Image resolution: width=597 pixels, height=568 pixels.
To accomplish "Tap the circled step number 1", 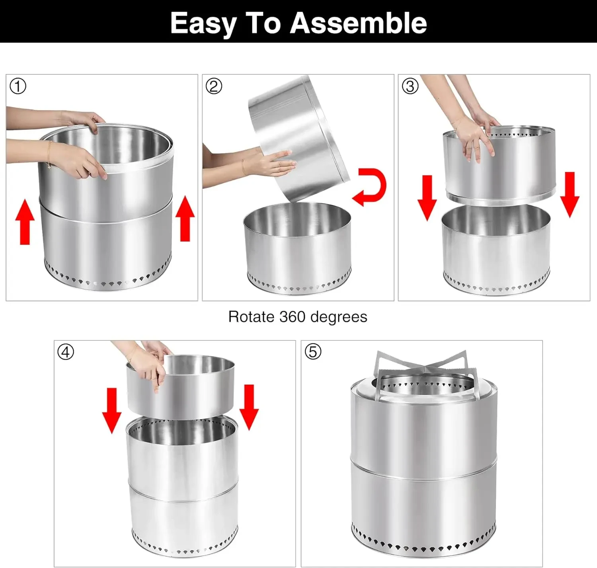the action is pos(18,86).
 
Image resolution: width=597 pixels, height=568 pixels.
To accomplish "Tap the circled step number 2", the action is pos(214,86).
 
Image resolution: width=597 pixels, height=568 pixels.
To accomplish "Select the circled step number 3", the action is pos(410,86).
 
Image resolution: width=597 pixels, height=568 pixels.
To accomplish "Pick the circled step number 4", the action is pos(66,352).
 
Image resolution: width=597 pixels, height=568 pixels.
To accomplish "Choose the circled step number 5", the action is pos(313,352).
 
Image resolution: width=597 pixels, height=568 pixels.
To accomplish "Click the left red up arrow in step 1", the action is pos(25,221).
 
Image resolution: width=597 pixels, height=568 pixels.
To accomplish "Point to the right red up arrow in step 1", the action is pos(185,219).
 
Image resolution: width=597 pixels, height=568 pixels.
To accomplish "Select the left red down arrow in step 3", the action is pos(427,198).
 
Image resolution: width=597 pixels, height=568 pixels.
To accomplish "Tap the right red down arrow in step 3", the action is pos(570,195).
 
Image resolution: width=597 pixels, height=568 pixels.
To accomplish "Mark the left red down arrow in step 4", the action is pos(112,410).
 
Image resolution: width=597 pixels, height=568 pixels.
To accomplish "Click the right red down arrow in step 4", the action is pos(249,407).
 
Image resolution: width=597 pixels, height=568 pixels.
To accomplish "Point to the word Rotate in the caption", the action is pos(251,317).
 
